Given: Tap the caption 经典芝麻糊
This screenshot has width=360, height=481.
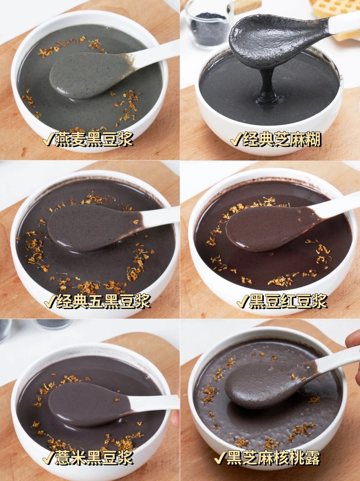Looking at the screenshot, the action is click(282, 139).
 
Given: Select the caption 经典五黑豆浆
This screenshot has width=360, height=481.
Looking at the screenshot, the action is click(103, 301).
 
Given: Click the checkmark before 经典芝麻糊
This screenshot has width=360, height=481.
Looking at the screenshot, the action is click(236, 139).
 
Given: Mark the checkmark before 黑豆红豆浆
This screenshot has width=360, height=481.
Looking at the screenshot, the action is click(243, 301).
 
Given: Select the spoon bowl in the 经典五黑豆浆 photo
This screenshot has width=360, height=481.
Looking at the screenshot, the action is click(92, 228).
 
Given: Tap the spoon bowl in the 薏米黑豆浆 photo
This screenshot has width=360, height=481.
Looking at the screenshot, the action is click(88, 399).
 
